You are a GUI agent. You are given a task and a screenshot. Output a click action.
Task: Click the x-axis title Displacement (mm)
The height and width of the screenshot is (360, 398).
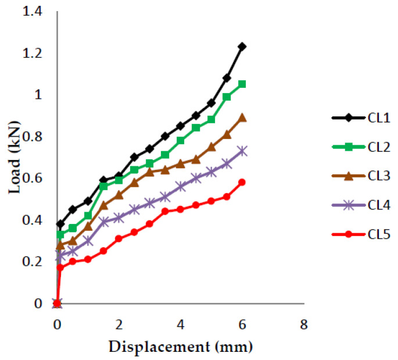tap(180, 347)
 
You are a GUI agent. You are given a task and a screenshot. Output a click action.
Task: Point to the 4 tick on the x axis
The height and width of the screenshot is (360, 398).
tap(181, 323)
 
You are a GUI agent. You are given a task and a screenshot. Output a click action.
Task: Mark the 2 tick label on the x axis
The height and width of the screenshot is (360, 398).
tap(119, 323)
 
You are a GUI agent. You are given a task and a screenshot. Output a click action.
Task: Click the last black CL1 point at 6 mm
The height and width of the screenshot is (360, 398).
tap(242, 47)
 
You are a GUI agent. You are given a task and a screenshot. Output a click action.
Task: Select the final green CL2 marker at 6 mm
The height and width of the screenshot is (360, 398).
tap(242, 84)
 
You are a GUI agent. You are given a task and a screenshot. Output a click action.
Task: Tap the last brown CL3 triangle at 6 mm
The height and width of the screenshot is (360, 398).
tap(242, 117)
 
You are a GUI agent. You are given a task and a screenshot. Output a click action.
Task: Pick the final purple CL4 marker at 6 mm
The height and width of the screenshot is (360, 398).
tap(242, 151)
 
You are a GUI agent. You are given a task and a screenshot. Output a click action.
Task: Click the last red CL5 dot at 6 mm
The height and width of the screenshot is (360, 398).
tap(242, 182)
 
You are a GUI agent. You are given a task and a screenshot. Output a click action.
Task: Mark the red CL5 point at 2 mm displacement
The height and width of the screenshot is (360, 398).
tap(119, 238)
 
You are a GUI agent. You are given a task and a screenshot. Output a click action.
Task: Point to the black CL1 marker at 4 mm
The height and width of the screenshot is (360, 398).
tap(181, 126)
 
